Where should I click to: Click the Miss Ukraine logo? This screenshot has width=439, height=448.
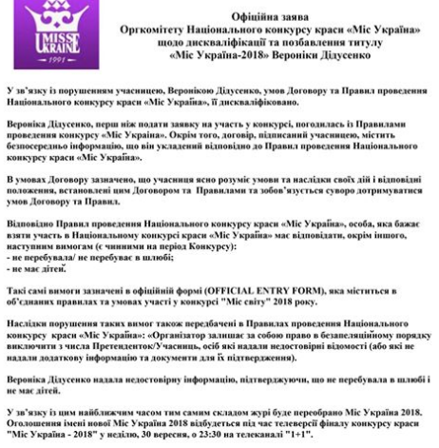[x=36, y=32]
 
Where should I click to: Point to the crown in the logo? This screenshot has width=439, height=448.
[x=36, y=17]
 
